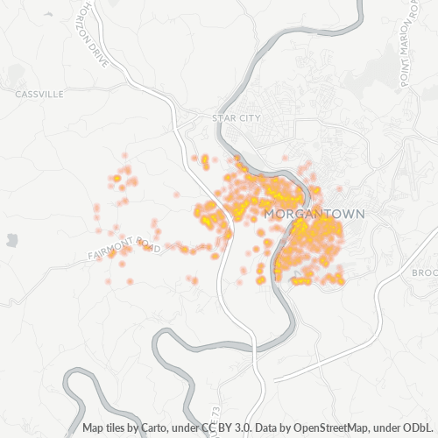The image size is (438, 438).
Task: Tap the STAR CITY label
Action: click(x=237, y=117)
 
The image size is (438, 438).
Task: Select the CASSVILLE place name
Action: click(x=39, y=93)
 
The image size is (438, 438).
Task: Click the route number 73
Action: click(x=217, y=413)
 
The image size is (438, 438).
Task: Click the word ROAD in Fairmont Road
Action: click(x=149, y=248)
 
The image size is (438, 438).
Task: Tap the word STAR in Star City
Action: click(x=224, y=117)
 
